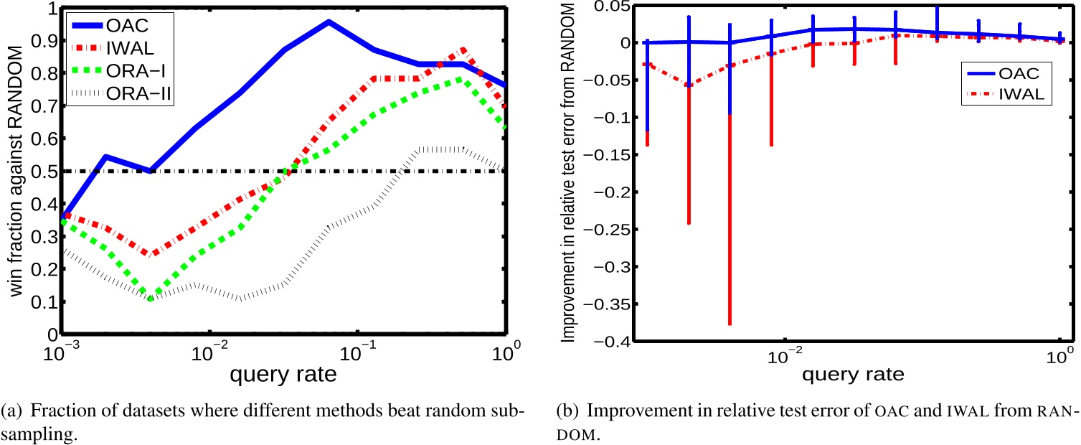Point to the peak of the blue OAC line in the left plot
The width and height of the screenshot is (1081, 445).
pos(329,22)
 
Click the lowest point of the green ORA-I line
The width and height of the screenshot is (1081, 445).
pos(151,298)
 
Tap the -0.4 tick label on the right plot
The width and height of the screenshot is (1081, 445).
pos(610,342)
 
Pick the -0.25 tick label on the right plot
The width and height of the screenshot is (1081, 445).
pos(606,230)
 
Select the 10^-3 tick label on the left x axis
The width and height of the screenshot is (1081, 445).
pos(63,352)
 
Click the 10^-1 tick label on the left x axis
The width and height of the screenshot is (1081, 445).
pos(359,352)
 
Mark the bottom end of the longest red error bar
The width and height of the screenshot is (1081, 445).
pos(730,324)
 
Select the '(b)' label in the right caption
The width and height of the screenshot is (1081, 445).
pos(566,413)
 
